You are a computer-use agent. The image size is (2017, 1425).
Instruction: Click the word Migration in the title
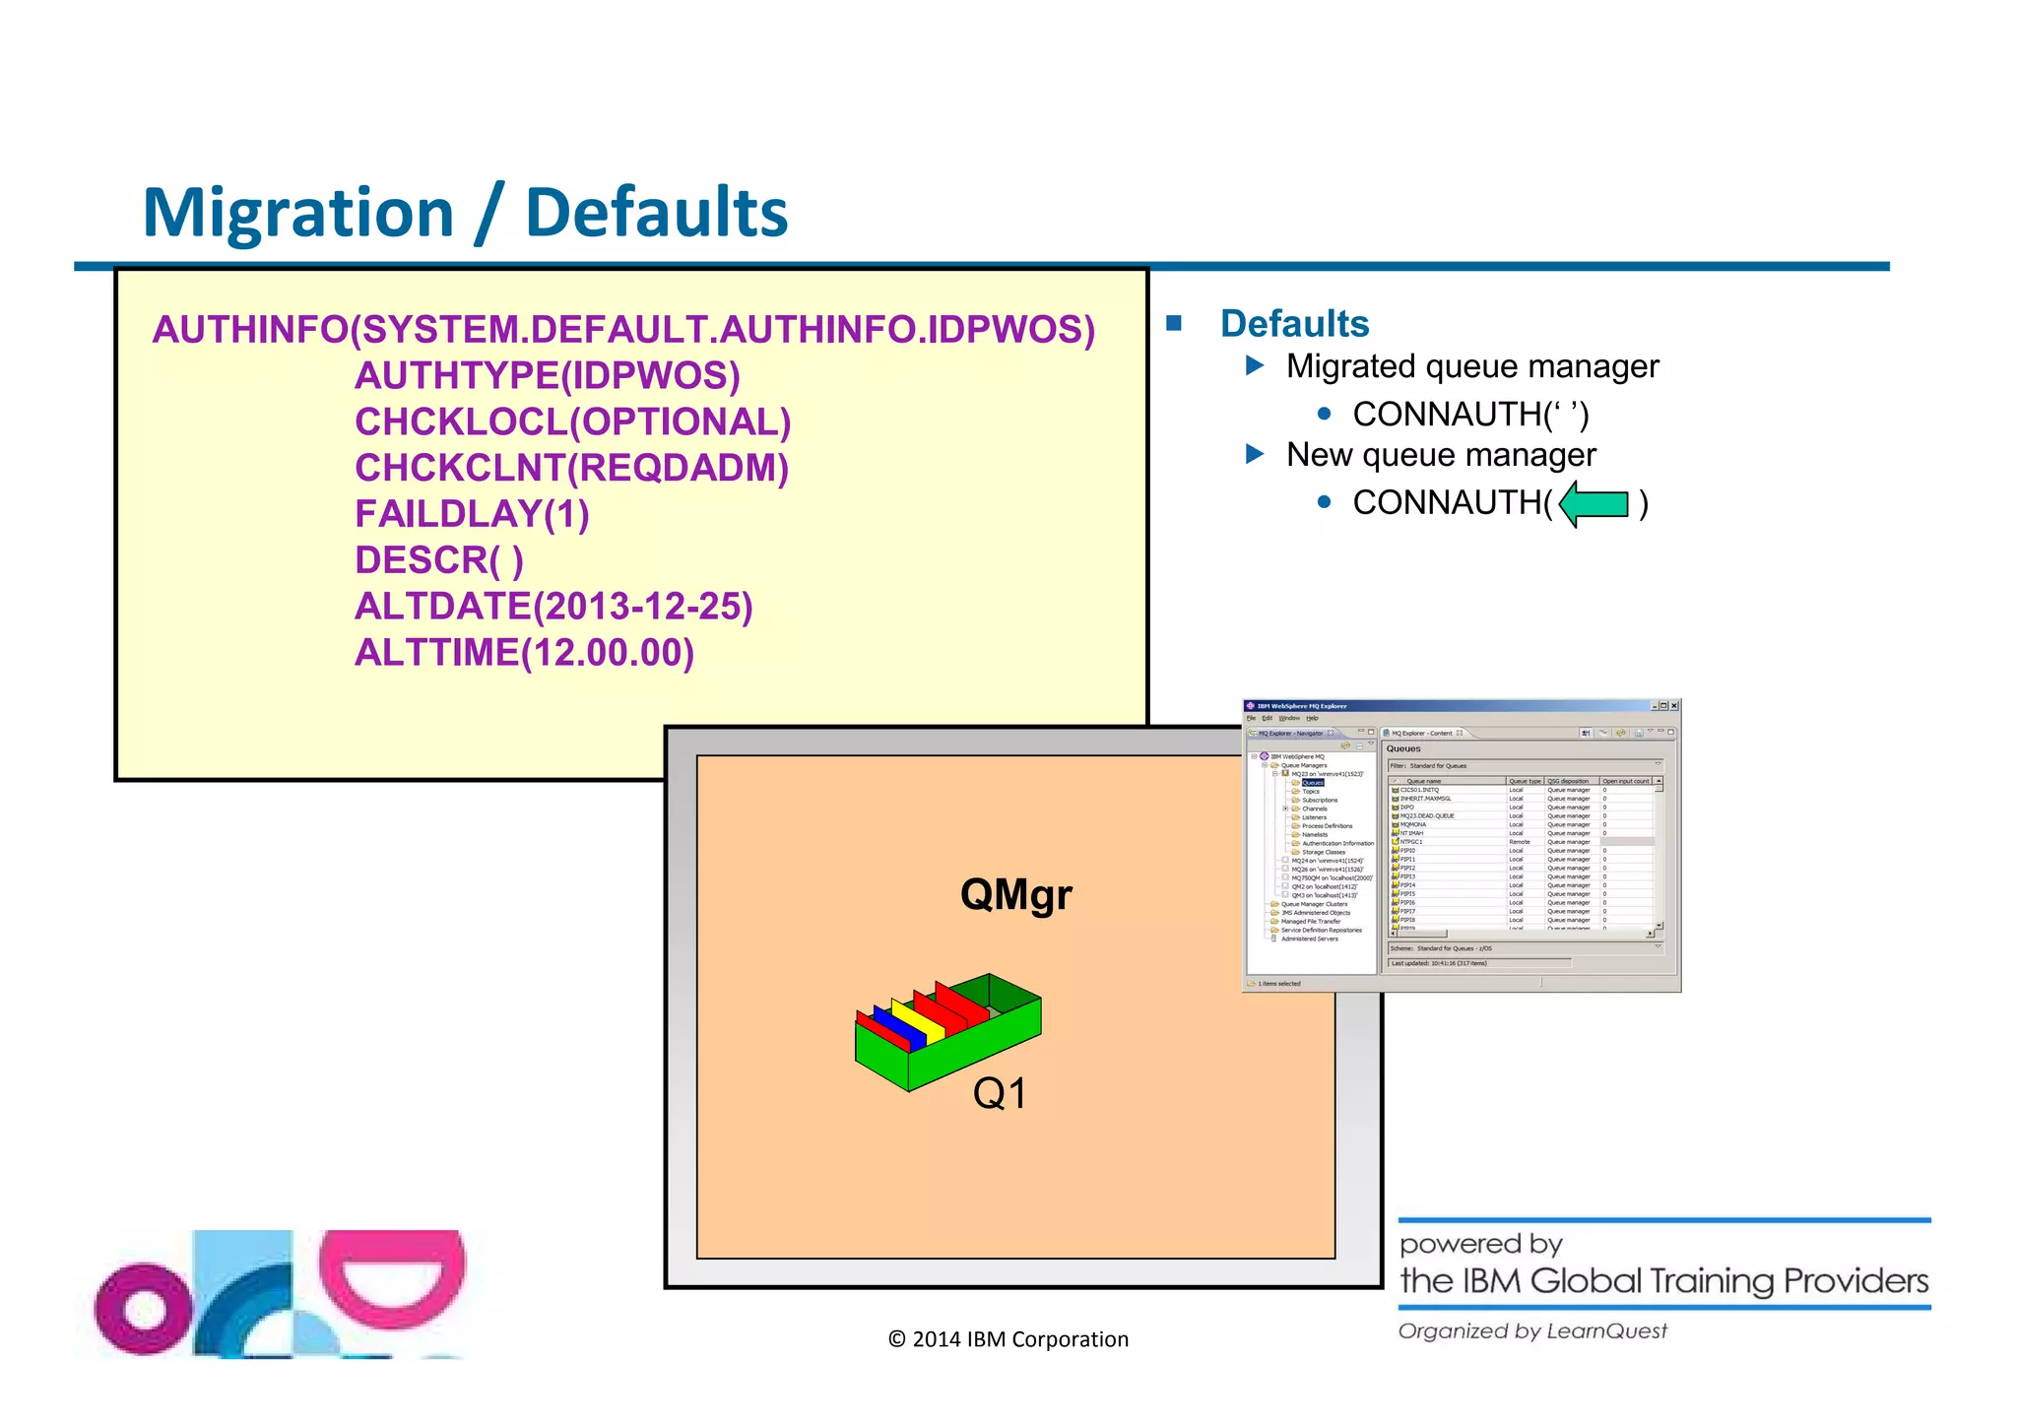pos(298,213)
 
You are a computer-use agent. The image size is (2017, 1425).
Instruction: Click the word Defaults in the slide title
pos(656,213)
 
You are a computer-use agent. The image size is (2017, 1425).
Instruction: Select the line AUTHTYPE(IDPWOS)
pos(547,375)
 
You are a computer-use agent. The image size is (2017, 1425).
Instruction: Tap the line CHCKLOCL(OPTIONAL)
pos(572,421)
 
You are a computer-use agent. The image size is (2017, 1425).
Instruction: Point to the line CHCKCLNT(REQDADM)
pos(571,468)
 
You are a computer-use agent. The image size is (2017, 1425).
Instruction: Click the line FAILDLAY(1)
pos(472,514)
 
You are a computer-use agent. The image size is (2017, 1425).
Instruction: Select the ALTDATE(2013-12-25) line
pos(553,607)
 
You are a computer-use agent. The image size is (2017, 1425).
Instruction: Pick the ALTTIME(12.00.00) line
pos(524,653)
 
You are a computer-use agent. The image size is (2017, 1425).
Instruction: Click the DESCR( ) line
pos(438,560)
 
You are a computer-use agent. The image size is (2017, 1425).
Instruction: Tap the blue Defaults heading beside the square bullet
pos(1294,324)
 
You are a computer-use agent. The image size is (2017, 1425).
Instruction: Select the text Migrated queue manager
pos(1471,366)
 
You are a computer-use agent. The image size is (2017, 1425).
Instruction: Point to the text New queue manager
pos(1440,455)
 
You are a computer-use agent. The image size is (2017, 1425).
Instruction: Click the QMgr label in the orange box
pos(1015,894)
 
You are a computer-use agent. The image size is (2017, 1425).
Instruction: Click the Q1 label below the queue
pos(999,1093)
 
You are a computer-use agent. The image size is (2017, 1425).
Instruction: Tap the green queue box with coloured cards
pos(946,1032)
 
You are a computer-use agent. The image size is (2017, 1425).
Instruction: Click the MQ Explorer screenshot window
pos(1461,845)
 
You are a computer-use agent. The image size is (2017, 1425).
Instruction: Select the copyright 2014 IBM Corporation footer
pos(1008,1339)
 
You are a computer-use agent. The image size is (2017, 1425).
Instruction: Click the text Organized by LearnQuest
pos(1532,1331)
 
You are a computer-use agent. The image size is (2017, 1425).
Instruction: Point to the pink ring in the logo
pos(145,1308)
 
